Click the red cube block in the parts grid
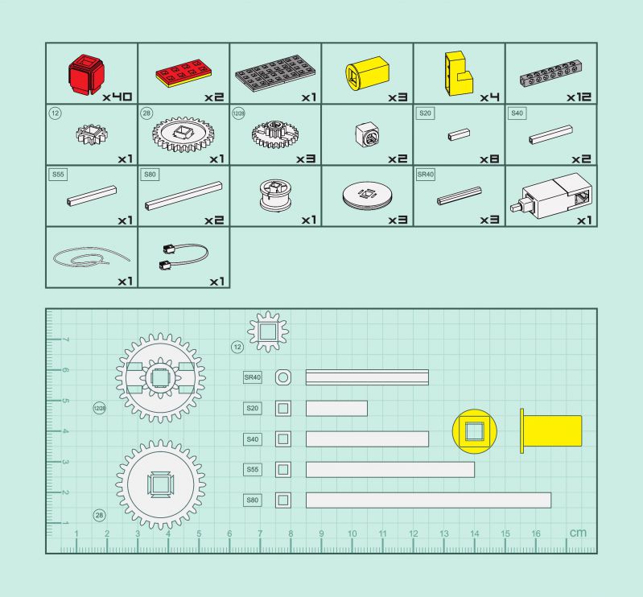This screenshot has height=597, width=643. pos(85,74)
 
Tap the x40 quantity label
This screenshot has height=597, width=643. pos(117,97)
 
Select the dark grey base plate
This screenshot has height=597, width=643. pos(275,74)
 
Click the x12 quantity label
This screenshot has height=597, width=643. pos(579,97)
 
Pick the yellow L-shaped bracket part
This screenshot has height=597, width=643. pos(459,74)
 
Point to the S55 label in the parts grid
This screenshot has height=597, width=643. pos(58,175)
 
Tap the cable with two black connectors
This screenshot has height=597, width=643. pos(183,257)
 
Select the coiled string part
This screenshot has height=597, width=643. pos(91,257)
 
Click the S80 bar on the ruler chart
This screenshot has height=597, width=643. pos(428,500)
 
